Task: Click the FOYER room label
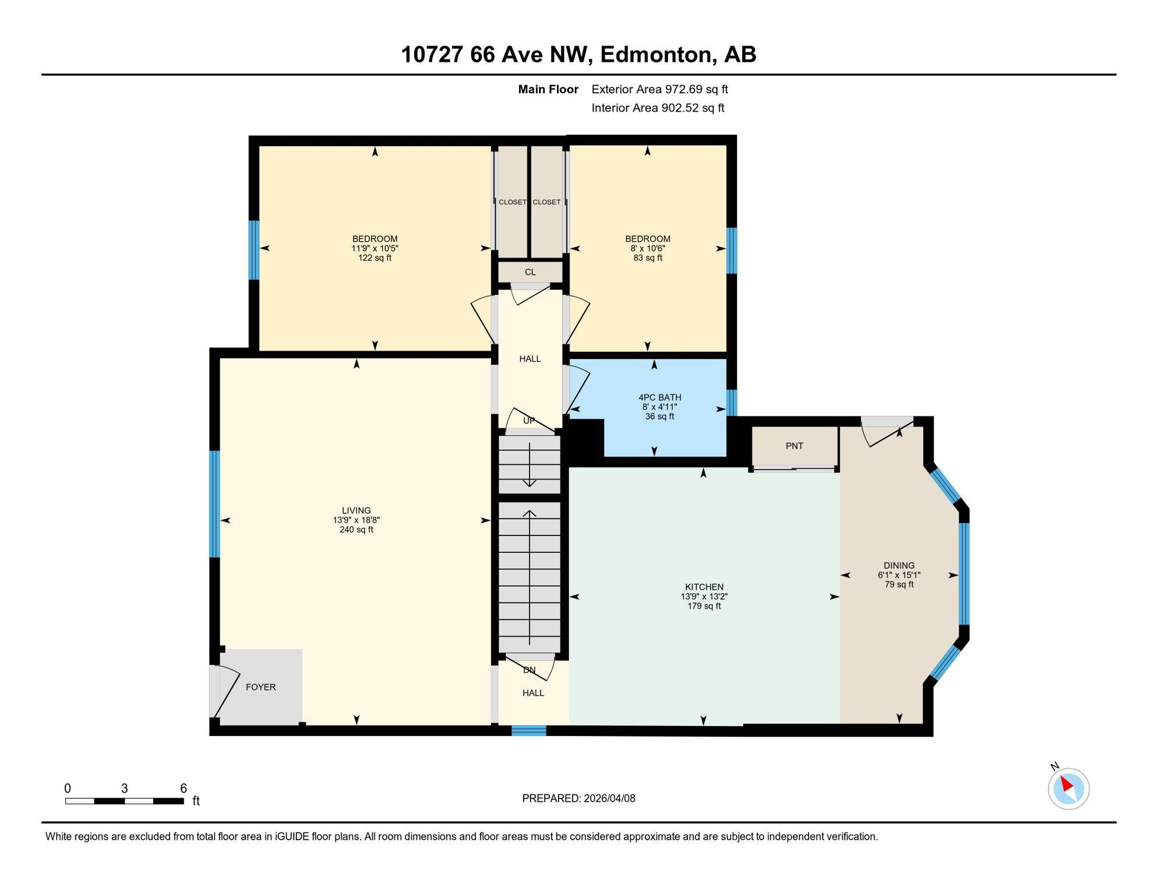tap(260, 687)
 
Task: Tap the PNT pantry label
tap(794, 446)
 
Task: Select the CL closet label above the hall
tap(529, 272)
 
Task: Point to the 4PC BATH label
tap(659, 397)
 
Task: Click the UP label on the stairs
tap(528, 421)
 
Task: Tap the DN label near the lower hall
tap(528, 670)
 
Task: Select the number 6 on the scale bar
tap(183, 788)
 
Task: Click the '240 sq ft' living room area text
tap(356, 530)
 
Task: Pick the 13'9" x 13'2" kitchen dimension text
tap(704, 597)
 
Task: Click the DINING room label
tap(898, 565)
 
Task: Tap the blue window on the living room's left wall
tap(215, 504)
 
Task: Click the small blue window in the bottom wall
tap(528, 731)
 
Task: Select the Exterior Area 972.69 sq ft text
tap(659, 89)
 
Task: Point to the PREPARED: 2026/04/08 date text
tap(578, 798)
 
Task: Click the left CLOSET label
tap(512, 202)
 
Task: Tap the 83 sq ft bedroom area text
tap(647, 258)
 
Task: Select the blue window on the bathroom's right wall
tap(732, 402)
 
